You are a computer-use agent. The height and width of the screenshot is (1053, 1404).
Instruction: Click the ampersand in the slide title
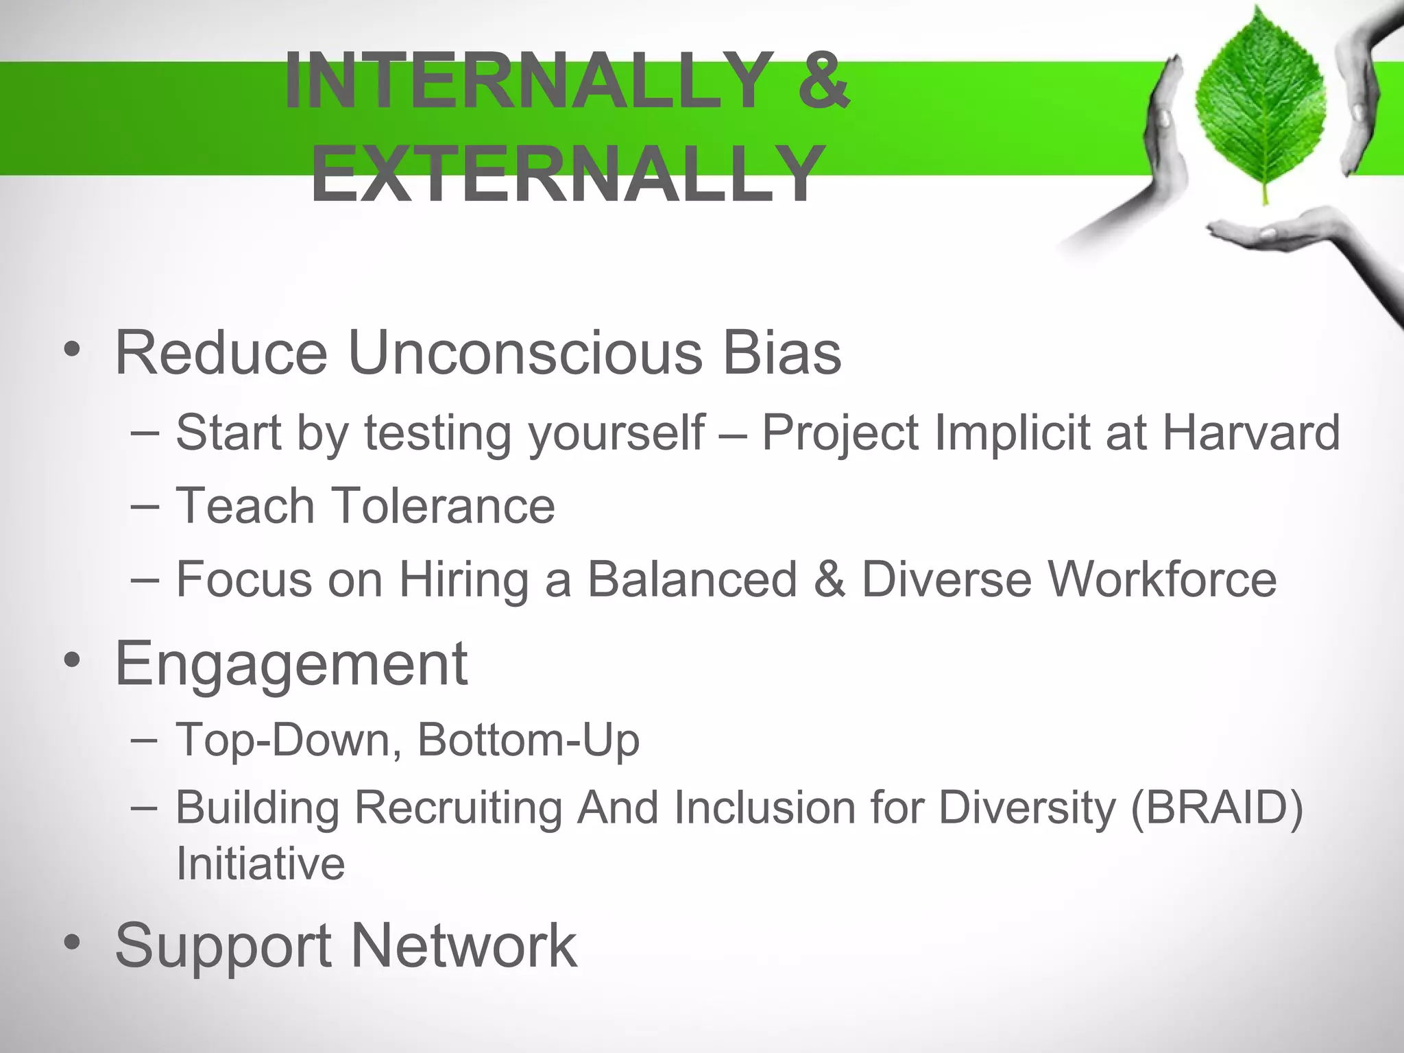tap(823, 81)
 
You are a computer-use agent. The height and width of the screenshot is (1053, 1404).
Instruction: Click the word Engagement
tap(291, 663)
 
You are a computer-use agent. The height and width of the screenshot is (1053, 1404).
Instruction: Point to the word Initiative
tap(261, 863)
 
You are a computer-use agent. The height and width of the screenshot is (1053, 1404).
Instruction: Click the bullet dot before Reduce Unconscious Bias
tap(72, 351)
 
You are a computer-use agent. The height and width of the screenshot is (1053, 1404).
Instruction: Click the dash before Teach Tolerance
tap(145, 507)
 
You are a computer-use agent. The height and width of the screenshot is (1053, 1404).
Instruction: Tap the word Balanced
tap(692, 579)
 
